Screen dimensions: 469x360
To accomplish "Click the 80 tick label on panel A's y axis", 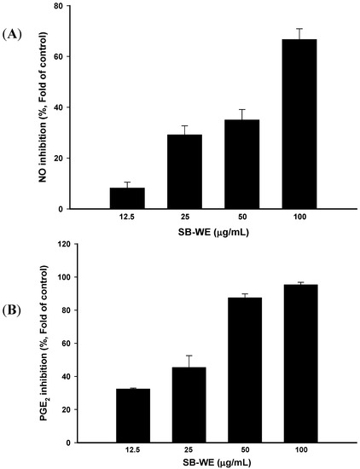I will pos(59,6).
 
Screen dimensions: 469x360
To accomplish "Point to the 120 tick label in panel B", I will pos(57,244).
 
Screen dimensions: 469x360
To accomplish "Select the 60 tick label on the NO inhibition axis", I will pos(59,57).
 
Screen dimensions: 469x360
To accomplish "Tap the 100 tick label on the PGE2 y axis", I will pos(57,277).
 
